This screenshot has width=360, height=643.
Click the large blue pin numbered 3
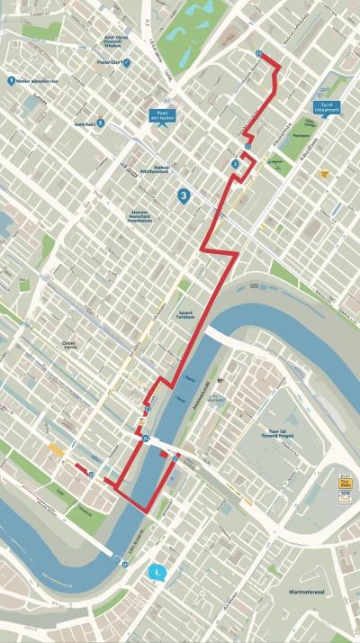184,195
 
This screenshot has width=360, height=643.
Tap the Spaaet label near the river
185,312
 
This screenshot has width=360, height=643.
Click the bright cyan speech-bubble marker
160,570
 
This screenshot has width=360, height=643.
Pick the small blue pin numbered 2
235,164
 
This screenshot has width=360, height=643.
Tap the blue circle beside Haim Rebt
100,122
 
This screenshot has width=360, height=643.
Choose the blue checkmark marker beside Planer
127,63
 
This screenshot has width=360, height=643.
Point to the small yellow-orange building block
57,450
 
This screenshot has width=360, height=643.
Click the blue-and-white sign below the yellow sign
344,495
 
